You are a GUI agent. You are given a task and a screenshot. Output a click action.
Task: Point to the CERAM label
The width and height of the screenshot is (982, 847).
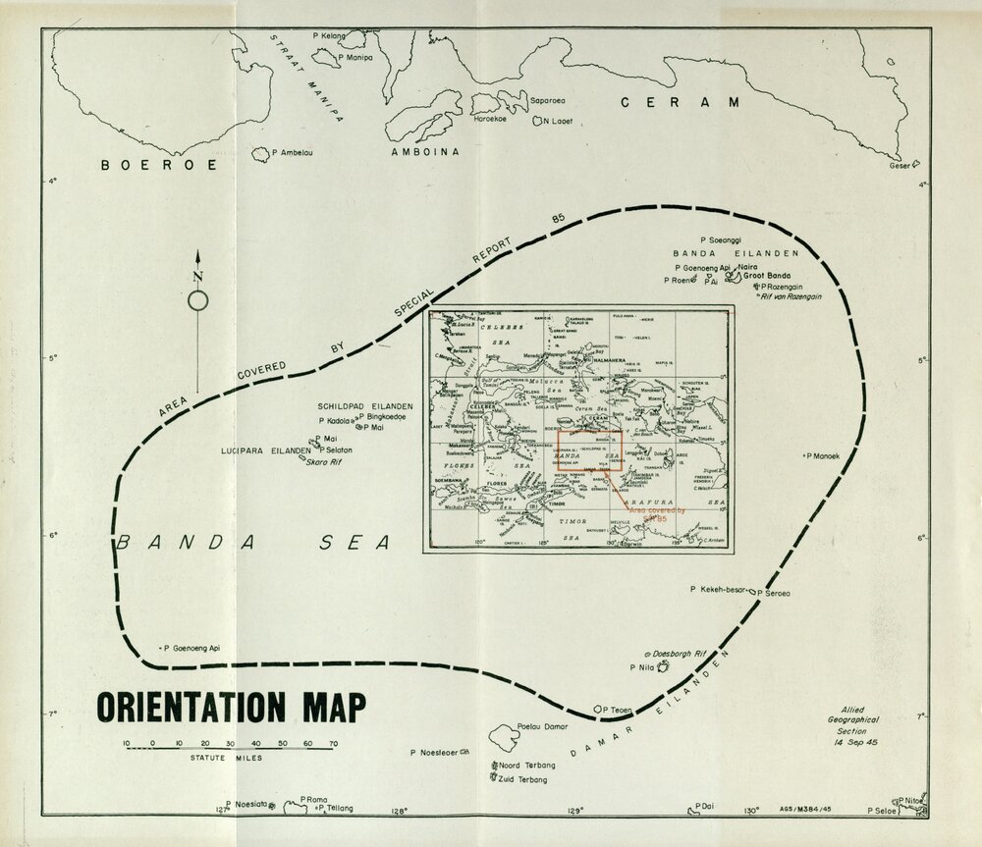[x=678, y=102]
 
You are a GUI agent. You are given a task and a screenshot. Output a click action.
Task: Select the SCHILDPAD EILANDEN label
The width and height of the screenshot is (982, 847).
[x=364, y=405]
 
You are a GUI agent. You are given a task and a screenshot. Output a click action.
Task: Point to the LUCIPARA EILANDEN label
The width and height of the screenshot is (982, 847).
[x=265, y=450]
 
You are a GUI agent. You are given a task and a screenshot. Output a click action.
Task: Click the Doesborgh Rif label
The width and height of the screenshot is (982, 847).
[x=674, y=653]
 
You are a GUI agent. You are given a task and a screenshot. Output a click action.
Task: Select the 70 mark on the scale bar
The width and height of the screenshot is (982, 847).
[x=334, y=742]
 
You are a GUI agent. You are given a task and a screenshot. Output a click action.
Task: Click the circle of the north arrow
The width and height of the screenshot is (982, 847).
[x=197, y=301]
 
